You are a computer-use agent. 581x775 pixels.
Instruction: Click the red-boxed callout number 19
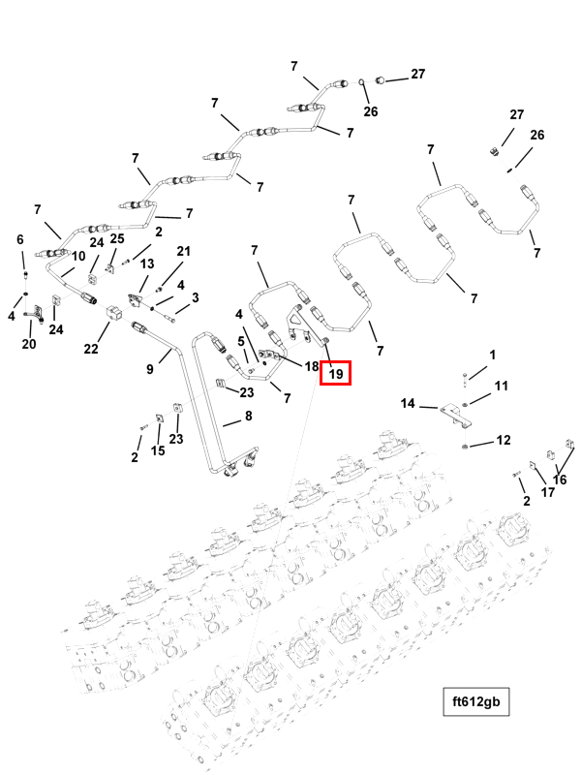(x=336, y=373)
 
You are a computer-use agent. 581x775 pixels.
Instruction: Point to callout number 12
(x=503, y=441)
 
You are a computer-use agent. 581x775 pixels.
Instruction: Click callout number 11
(x=501, y=387)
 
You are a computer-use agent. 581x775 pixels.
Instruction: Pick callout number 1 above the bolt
(x=492, y=356)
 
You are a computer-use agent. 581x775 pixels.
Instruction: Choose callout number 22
(x=91, y=349)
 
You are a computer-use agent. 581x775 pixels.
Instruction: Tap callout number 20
(x=28, y=344)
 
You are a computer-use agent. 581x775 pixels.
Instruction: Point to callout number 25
(x=117, y=239)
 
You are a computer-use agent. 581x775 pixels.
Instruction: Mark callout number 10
(x=79, y=256)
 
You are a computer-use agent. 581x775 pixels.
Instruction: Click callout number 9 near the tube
(x=150, y=368)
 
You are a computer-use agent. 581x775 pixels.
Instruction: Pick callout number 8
(x=248, y=417)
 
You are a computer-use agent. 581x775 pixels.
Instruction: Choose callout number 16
(x=560, y=479)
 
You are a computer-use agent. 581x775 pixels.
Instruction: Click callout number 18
(x=312, y=366)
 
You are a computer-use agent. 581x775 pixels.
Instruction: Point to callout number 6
(x=19, y=239)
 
